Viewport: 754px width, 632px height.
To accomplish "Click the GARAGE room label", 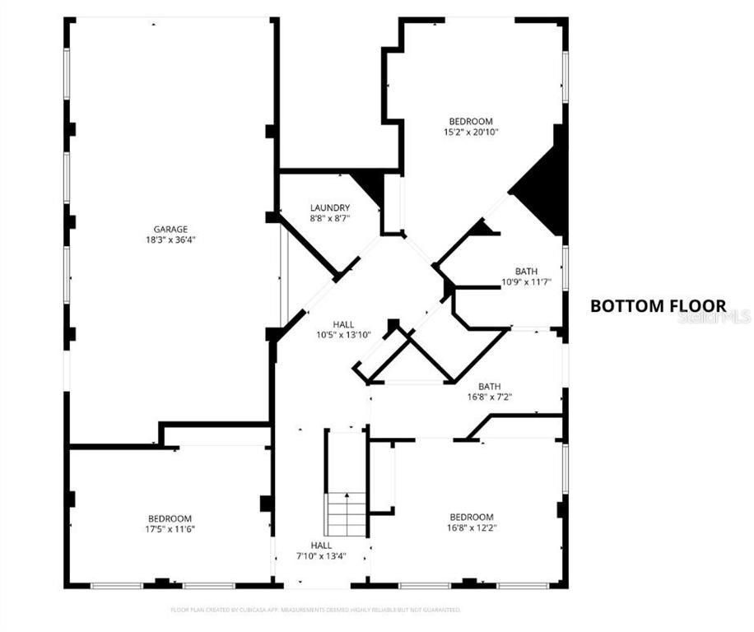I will click(x=170, y=230).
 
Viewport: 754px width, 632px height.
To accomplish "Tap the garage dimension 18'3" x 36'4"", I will click(x=170, y=240).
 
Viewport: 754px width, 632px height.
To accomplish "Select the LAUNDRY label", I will click(x=330, y=208).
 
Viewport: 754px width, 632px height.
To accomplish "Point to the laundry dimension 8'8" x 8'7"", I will click(x=330, y=219).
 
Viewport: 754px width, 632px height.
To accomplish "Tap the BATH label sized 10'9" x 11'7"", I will click(x=526, y=272).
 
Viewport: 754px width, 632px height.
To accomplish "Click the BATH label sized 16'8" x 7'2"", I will click(x=490, y=386).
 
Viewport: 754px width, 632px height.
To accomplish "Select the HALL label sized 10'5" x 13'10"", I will click(x=344, y=324).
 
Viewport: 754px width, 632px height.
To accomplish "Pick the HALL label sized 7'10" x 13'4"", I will click(x=322, y=546).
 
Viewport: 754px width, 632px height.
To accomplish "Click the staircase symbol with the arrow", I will click(x=347, y=513).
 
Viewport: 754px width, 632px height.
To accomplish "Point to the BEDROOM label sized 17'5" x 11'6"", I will click(x=170, y=518).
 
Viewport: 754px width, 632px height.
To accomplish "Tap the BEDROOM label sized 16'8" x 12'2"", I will click(x=471, y=517).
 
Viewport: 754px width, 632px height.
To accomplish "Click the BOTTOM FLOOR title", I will click(x=658, y=306).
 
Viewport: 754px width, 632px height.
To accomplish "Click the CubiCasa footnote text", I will click(x=315, y=610).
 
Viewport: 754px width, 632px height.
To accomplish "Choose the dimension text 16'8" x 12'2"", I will click(x=471, y=527).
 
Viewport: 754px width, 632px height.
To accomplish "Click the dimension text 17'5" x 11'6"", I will click(x=170, y=529).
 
